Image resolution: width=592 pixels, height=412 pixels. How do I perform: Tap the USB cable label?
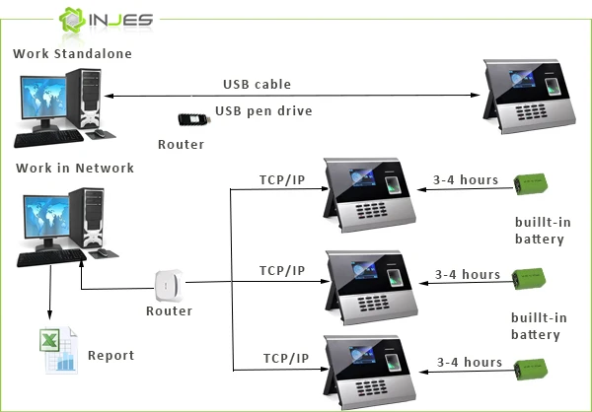coord(257,85)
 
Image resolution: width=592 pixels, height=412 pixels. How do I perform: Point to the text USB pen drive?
coord(263,111)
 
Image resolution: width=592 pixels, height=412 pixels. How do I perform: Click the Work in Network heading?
coord(74,169)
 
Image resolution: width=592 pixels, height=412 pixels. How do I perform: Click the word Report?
coord(111,355)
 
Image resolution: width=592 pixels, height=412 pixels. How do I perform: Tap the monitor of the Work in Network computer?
coord(41,223)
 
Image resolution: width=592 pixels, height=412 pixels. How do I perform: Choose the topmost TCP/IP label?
coord(281,180)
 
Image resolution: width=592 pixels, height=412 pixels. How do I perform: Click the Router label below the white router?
coord(169,309)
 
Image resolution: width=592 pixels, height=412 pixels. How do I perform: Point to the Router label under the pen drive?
coord(181,145)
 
